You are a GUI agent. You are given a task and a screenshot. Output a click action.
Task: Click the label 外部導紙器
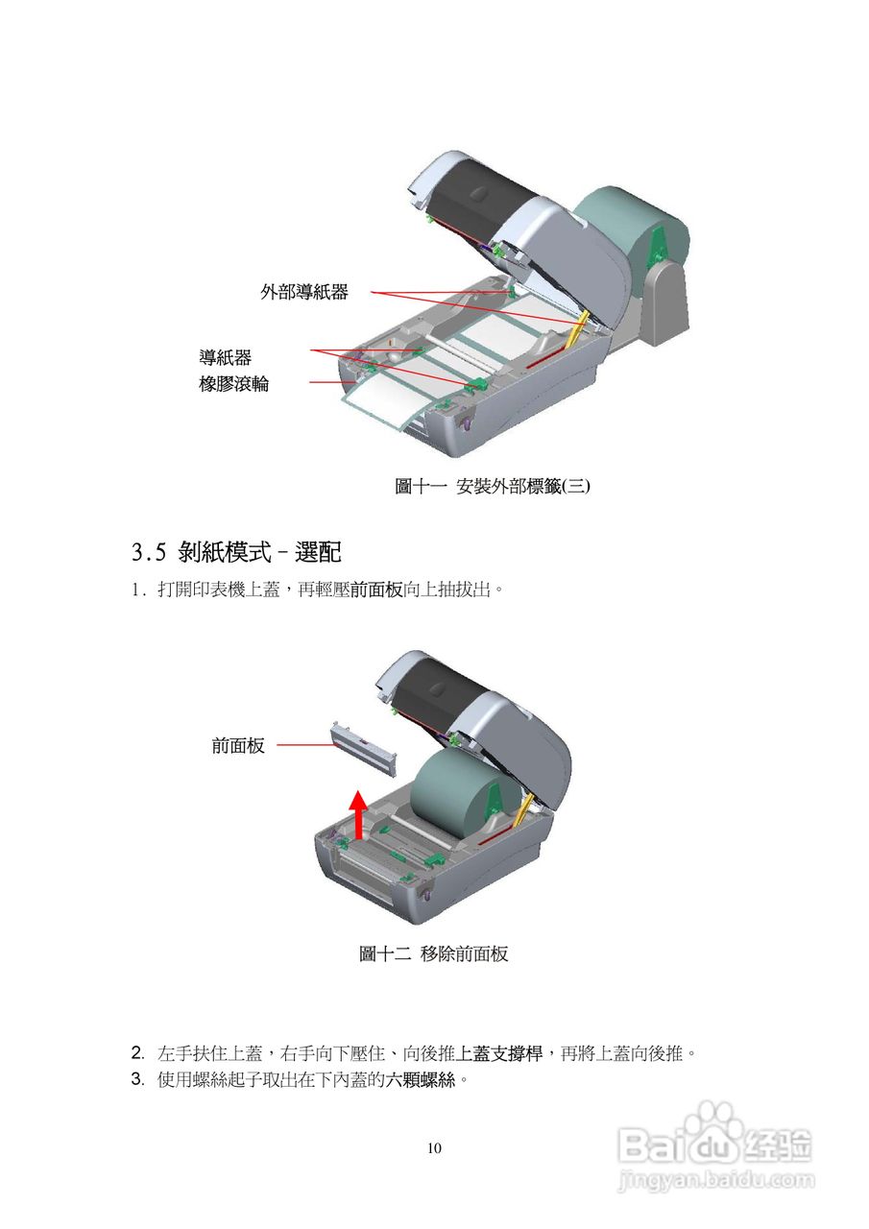303,292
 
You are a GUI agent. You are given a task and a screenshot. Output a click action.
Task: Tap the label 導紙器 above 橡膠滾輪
225,357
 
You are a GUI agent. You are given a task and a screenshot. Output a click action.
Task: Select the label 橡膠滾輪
233,384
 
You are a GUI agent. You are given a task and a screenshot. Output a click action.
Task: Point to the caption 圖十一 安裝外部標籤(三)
493,486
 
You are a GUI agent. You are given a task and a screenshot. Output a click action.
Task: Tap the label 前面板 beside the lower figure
237,745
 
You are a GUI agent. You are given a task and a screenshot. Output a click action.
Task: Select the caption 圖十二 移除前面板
433,953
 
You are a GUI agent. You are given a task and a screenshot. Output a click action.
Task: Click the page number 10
434,1148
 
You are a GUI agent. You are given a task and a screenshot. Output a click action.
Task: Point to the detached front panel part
365,750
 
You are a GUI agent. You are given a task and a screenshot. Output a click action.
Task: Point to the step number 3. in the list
137,1079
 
